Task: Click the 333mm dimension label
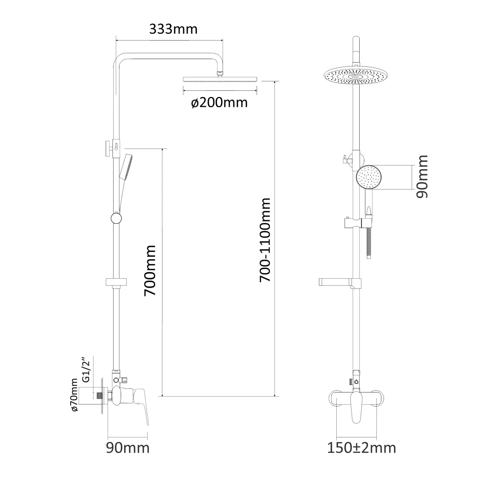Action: [173, 29]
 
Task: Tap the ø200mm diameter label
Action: [219, 102]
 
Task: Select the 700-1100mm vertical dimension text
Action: [265, 240]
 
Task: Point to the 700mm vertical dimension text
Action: [150, 271]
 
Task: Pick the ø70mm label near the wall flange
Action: [74, 395]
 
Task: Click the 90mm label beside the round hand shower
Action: [422, 176]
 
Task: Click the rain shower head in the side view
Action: [220, 79]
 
